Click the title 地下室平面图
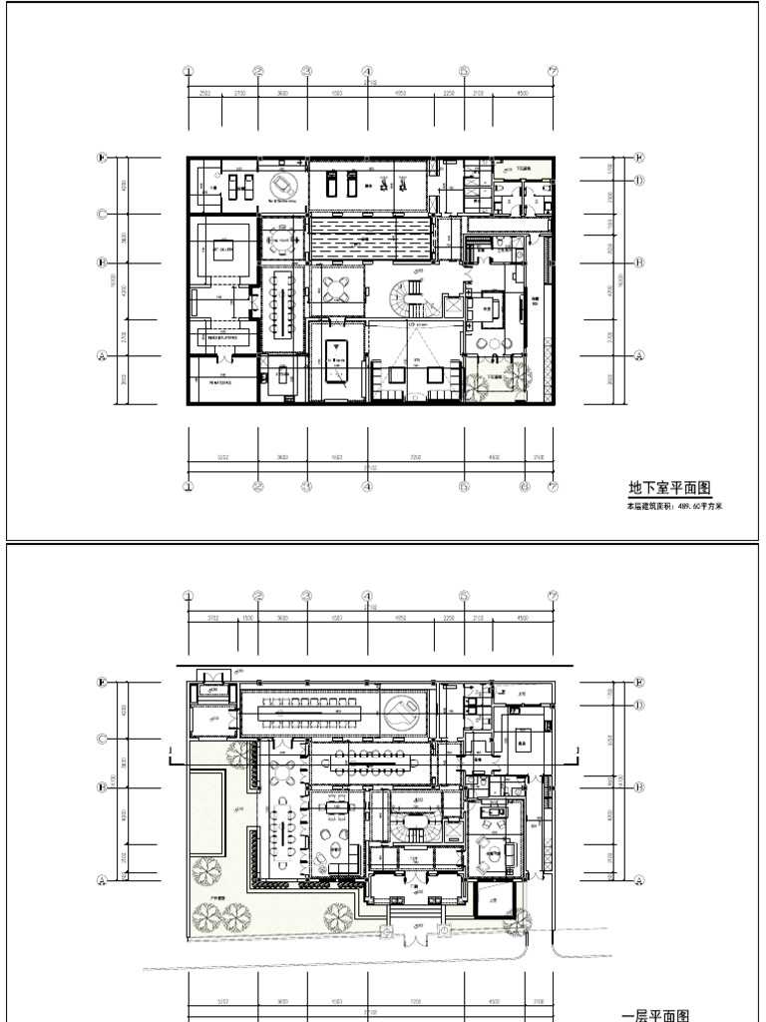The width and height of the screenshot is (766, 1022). [x=668, y=488]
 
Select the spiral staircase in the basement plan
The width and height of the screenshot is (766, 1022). [x=406, y=296]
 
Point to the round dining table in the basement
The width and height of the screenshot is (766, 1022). [x=282, y=241]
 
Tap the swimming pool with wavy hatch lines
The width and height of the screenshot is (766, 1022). [x=370, y=239]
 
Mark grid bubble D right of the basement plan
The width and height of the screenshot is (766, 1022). [x=639, y=181]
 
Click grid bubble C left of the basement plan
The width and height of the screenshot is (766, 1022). [x=102, y=215]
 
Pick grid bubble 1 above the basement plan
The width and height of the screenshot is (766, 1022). [x=189, y=71]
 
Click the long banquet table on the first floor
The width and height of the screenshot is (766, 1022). [x=309, y=710]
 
